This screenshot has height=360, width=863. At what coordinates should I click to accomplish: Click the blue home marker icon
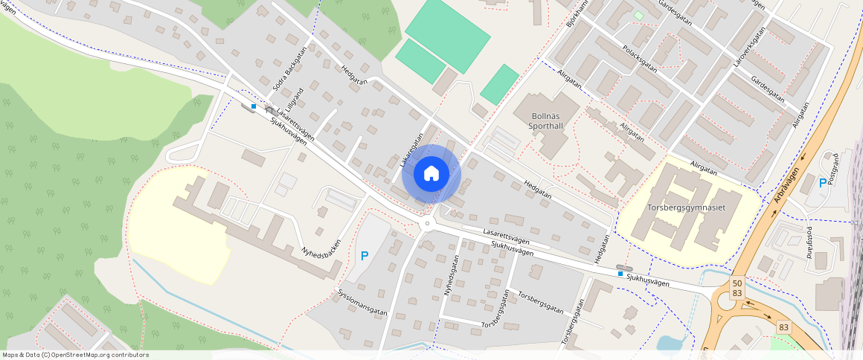431,174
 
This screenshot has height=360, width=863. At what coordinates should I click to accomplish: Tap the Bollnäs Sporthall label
556,121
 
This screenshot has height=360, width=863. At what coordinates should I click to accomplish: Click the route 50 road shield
737,283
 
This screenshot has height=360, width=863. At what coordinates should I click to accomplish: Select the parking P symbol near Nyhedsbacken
365,256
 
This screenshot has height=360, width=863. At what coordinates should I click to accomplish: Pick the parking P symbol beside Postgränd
822,182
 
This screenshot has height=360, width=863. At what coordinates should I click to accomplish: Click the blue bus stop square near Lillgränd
254,106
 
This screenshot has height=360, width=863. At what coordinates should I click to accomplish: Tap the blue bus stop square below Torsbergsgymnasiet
620,273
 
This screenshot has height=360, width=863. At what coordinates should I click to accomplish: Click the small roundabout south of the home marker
427,224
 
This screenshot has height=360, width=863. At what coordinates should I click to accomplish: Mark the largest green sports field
447,35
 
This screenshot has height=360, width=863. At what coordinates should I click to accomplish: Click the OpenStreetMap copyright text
74,355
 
